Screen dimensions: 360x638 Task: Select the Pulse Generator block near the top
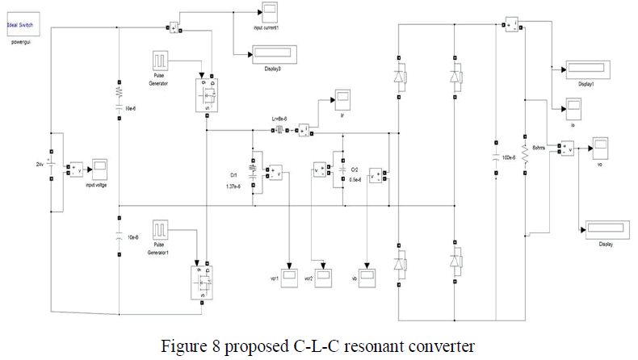[159, 63]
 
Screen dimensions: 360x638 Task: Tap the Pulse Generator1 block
[159, 231]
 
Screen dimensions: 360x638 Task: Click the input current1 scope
[269, 11]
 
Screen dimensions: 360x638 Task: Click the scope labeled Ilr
[343, 99]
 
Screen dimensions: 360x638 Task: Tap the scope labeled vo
[598, 148]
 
